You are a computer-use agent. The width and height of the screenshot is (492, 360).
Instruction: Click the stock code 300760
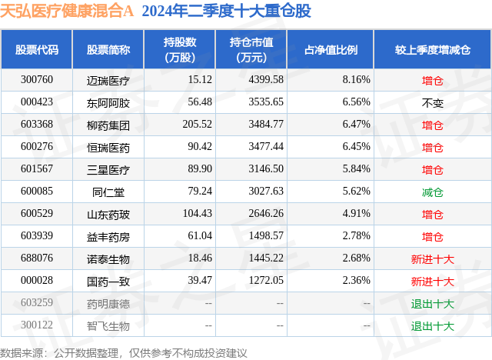pos(37,80)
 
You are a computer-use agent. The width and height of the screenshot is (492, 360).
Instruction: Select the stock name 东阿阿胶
pos(108,102)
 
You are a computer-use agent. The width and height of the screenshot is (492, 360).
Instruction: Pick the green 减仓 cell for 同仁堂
pos(433,192)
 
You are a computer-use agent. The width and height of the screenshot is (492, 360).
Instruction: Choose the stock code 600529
pos(37,214)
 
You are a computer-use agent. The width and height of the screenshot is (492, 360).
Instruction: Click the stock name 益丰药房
pos(108,236)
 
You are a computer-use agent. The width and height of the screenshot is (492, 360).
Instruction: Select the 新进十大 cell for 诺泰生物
pos(433,259)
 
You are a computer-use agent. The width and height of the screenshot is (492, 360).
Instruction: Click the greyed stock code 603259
pos(37,304)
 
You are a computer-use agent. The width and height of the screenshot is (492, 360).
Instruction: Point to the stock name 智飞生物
pos(108,326)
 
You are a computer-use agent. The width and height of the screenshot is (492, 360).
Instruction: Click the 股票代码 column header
pos(37,49)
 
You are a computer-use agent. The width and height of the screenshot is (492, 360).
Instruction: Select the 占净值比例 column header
pos(336,49)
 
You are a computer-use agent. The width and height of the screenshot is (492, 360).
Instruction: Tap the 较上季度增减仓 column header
pos(433,49)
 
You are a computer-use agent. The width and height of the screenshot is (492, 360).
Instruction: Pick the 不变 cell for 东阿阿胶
pos(433,102)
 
